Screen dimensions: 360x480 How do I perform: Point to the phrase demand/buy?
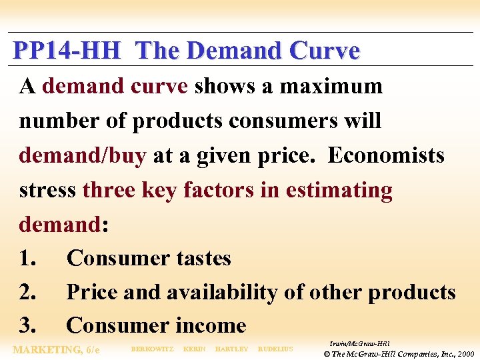point(82,155)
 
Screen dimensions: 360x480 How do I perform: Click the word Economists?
point(386,155)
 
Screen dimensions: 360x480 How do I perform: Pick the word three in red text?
point(109,190)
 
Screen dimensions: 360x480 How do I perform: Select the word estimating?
point(339,190)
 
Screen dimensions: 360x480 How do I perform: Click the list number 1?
point(28,259)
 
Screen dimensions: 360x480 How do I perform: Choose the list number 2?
point(29,293)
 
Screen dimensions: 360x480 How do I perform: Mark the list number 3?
point(29,326)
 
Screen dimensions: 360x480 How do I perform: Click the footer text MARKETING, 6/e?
point(57,349)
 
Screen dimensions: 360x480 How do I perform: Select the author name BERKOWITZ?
point(152,349)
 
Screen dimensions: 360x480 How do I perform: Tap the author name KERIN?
point(194,349)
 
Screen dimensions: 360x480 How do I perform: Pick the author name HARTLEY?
point(232,349)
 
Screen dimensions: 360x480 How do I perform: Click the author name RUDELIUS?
point(275,349)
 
